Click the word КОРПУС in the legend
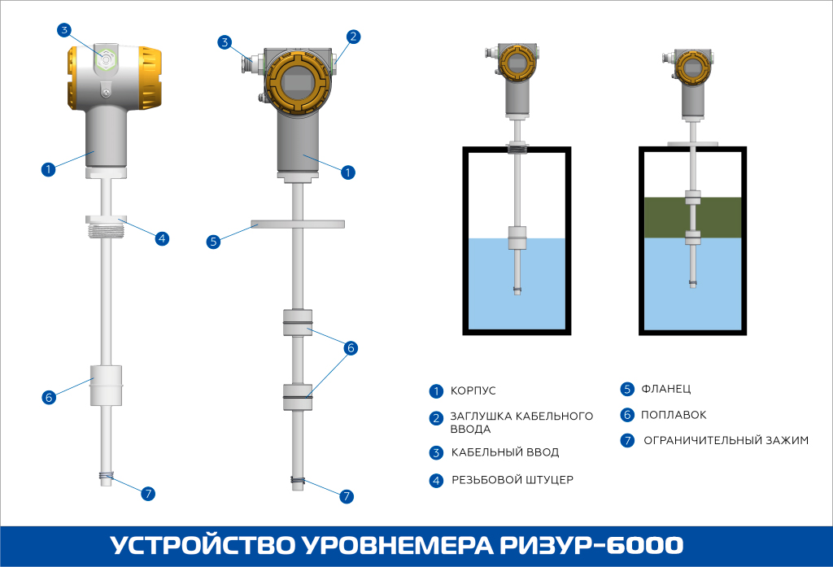pyautogui.click(x=473, y=391)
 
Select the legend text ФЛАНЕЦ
pyautogui.click(x=665, y=389)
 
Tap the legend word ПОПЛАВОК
pyautogui.click(x=674, y=415)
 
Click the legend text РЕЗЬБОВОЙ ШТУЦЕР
pyautogui.click(x=512, y=480)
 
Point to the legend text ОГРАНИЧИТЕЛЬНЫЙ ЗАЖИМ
pyautogui.click(x=726, y=441)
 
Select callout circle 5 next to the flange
pyautogui.click(x=213, y=242)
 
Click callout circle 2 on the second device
pyautogui.click(x=352, y=36)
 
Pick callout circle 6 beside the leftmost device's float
pyautogui.click(x=49, y=397)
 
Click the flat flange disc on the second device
pyautogui.click(x=298, y=224)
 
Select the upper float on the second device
pyautogui.click(x=297, y=322)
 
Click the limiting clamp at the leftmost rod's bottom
pyautogui.click(x=106, y=477)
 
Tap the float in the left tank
pyautogui.click(x=517, y=238)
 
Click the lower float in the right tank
pyautogui.click(x=692, y=238)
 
